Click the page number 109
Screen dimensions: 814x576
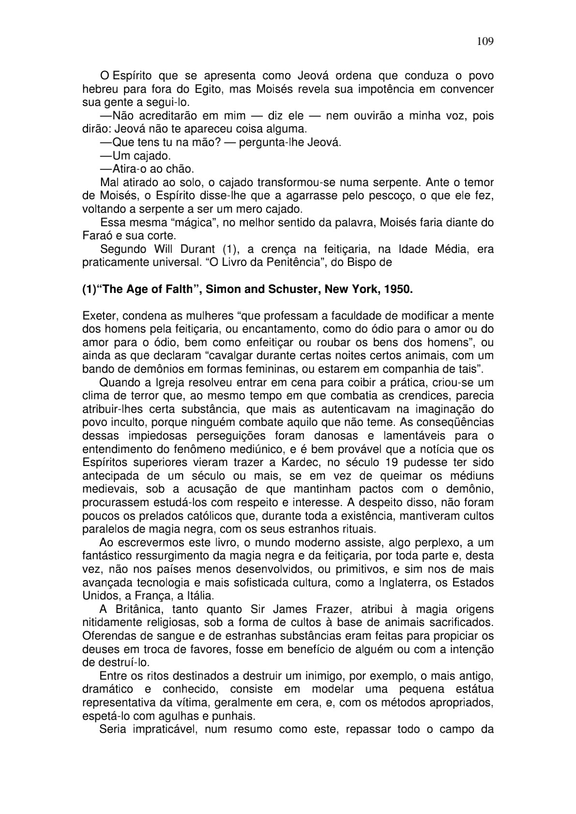[x=485, y=41]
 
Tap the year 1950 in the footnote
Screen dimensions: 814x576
[x=399, y=290]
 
